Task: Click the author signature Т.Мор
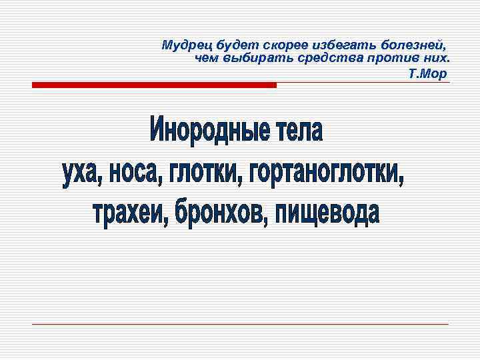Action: tap(427, 73)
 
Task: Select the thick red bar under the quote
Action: tap(154, 85)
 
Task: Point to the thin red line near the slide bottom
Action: tap(240, 324)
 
